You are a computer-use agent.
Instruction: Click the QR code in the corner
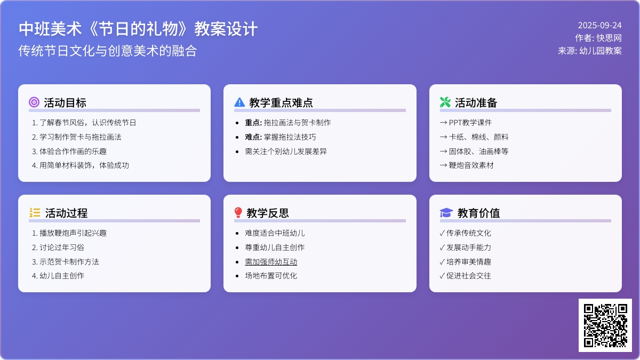(x=605, y=325)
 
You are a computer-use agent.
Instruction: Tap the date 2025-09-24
(x=599, y=26)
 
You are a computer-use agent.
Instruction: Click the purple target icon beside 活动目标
(x=34, y=102)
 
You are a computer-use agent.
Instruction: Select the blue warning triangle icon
(x=239, y=102)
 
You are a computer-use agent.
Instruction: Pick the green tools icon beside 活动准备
(x=445, y=102)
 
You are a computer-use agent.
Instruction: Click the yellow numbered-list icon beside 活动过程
(x=35, y=213)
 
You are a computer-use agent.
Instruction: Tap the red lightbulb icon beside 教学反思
(x=238, y=213)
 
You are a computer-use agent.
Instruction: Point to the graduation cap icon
(x=446, y=213)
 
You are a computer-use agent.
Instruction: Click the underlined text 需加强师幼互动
(x=271, y=262)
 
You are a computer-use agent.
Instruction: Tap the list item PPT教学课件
(x=470, y=123)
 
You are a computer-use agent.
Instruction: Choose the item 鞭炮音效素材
(x=471, y=165)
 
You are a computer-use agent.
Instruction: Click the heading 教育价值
(x=478, y=213)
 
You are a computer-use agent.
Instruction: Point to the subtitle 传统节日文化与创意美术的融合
(x=108, y=51)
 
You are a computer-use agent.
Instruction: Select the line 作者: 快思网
(x=598, y=38)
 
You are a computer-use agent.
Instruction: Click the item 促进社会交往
(x=469, y=276)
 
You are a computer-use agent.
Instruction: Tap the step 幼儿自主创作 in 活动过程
(x=62, y=276)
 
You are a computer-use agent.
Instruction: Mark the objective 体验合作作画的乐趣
(x=73, y=151)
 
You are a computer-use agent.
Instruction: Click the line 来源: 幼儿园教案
(x=590, y=51)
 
